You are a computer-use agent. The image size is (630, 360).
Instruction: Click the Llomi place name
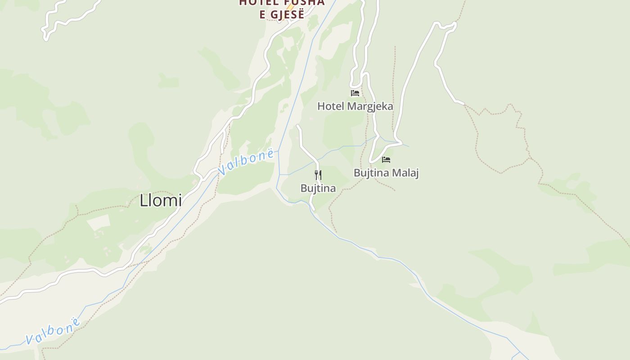click(161, 200)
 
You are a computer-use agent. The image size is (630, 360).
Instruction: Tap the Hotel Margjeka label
click(355, 106)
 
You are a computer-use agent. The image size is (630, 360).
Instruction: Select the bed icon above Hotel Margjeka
click(355, 93)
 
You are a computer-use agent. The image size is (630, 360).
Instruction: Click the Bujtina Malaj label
click(386, 173)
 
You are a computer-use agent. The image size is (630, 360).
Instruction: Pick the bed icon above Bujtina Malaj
click(386, 160)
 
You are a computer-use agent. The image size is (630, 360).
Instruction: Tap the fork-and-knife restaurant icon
click(318, 175)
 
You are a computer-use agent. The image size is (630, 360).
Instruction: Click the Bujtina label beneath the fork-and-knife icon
click(318, 188)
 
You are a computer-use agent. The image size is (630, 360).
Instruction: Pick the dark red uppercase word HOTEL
click(256, 2)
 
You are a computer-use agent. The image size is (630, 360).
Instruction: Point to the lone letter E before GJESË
click(263, 14)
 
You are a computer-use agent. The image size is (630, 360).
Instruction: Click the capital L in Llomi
click(144, 200)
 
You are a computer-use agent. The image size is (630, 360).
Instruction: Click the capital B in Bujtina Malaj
click(357, 173)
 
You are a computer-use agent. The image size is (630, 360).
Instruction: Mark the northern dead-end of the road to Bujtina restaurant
click(298, 126)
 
